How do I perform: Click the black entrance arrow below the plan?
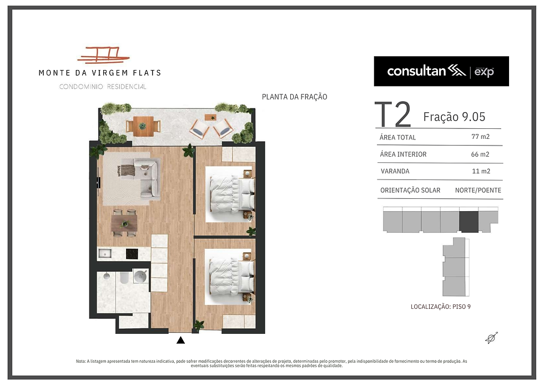(180, 340)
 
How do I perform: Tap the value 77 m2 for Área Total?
(480, 137)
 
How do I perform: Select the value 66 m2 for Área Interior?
(480, 154)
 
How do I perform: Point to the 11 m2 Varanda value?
(481, 171)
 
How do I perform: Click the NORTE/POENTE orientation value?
(478, 190)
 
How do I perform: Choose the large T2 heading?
(393, 114)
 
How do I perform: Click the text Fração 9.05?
(454, 117)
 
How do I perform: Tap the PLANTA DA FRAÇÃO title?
(295, 97)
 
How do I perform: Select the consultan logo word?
(416, 71)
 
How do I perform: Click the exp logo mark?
(484, 72)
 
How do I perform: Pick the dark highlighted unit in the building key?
(469, 222)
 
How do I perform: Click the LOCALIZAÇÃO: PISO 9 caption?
(441, 307)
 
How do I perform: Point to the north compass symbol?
(492, 338)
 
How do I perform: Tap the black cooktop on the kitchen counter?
(132, 254)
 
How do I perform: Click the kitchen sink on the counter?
(105, 254)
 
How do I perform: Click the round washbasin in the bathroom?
(141, 276)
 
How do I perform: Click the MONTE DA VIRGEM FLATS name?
(100, 73)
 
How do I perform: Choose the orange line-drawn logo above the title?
(103, 55)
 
